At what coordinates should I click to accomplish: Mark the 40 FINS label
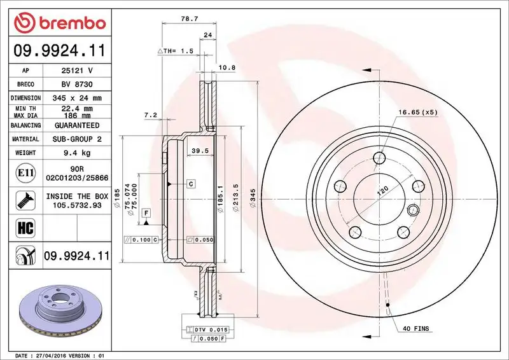click(416, 329)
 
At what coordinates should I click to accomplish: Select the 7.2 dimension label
click(150, 114)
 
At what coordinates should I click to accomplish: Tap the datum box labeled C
click(190, 184)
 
